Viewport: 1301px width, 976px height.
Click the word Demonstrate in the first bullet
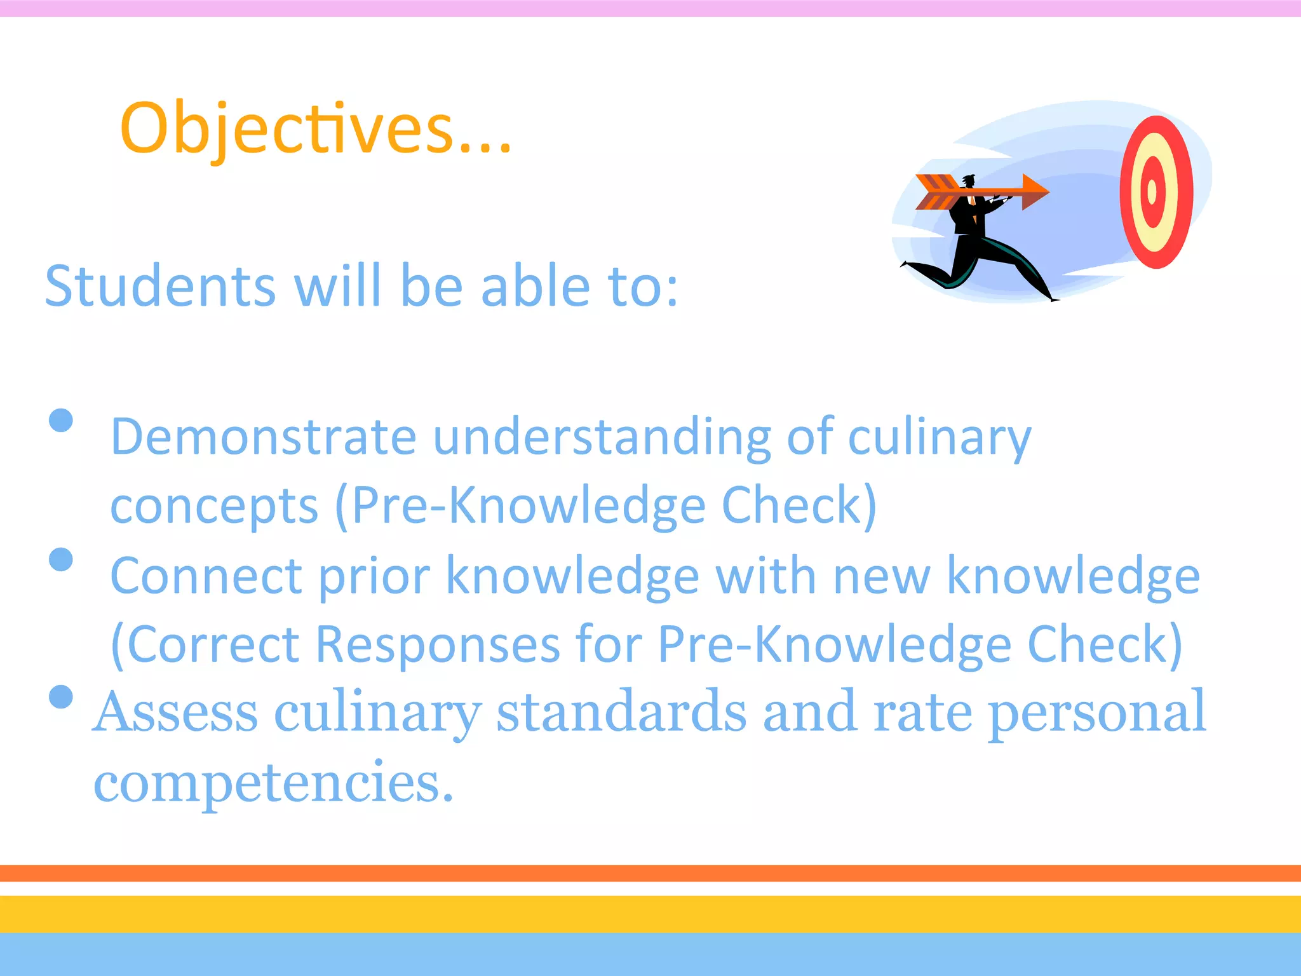tap(264, 437)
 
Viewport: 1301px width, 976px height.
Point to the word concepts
tap(214, 506)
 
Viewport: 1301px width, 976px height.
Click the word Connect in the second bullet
tap(206, 576)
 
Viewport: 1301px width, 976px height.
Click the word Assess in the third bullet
tap(175, 712)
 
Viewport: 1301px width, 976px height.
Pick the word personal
tap(1097, 712)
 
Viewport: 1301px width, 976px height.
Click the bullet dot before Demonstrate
tap(61, 420)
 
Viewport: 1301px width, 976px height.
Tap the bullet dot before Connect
tap(61, 559)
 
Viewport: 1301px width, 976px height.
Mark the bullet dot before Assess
tap(61, 696)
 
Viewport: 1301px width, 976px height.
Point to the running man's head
tap(968, 182)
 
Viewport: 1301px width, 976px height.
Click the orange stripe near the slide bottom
tap(650, 873)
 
